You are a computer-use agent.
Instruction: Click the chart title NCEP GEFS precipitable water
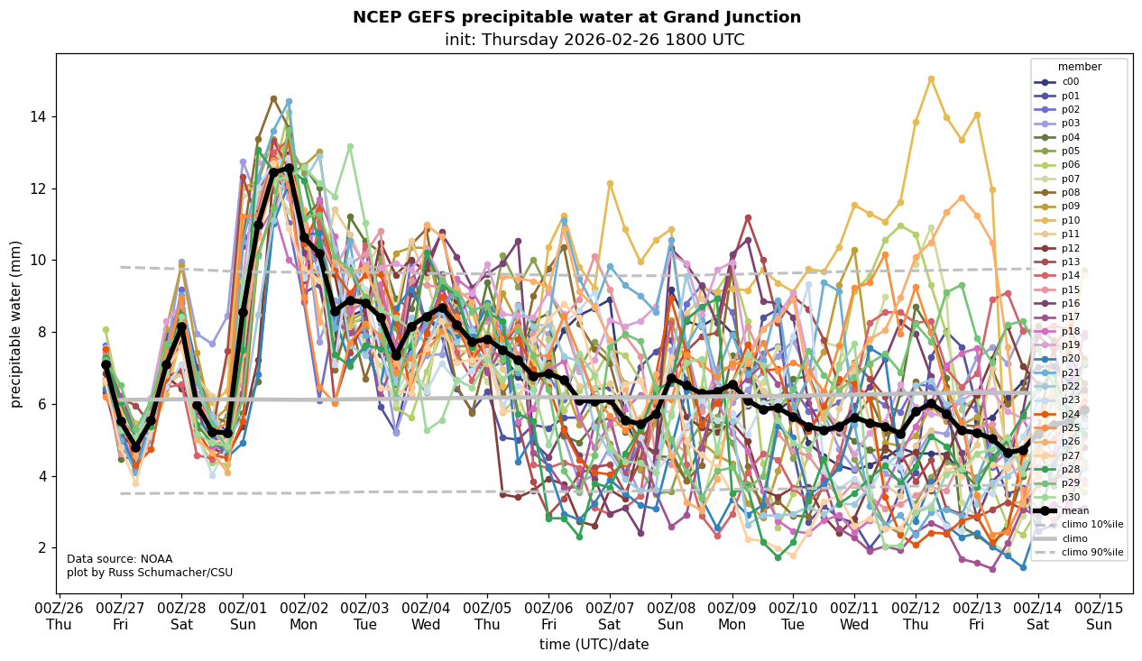pos(576,17)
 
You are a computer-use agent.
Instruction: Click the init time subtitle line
pos(594,40)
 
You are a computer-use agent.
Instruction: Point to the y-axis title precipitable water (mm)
pos(16,324)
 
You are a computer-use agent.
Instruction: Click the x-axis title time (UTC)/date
pos(594,644)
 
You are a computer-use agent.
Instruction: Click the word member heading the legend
pos(1079,67)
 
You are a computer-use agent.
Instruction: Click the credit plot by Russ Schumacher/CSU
pos(150,573)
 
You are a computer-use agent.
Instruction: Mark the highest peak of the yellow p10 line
pos(931,78)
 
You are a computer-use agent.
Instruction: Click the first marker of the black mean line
pos(106,364)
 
